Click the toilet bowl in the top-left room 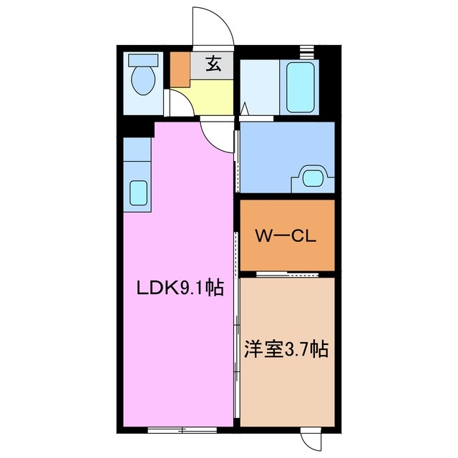[x=146, y=82]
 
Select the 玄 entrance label [x=213, y=64]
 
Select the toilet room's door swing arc [x=179, y=102]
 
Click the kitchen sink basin [x=137, y=192]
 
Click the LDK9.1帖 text [x=180, y=288]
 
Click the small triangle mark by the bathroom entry [x=245, y=109]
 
